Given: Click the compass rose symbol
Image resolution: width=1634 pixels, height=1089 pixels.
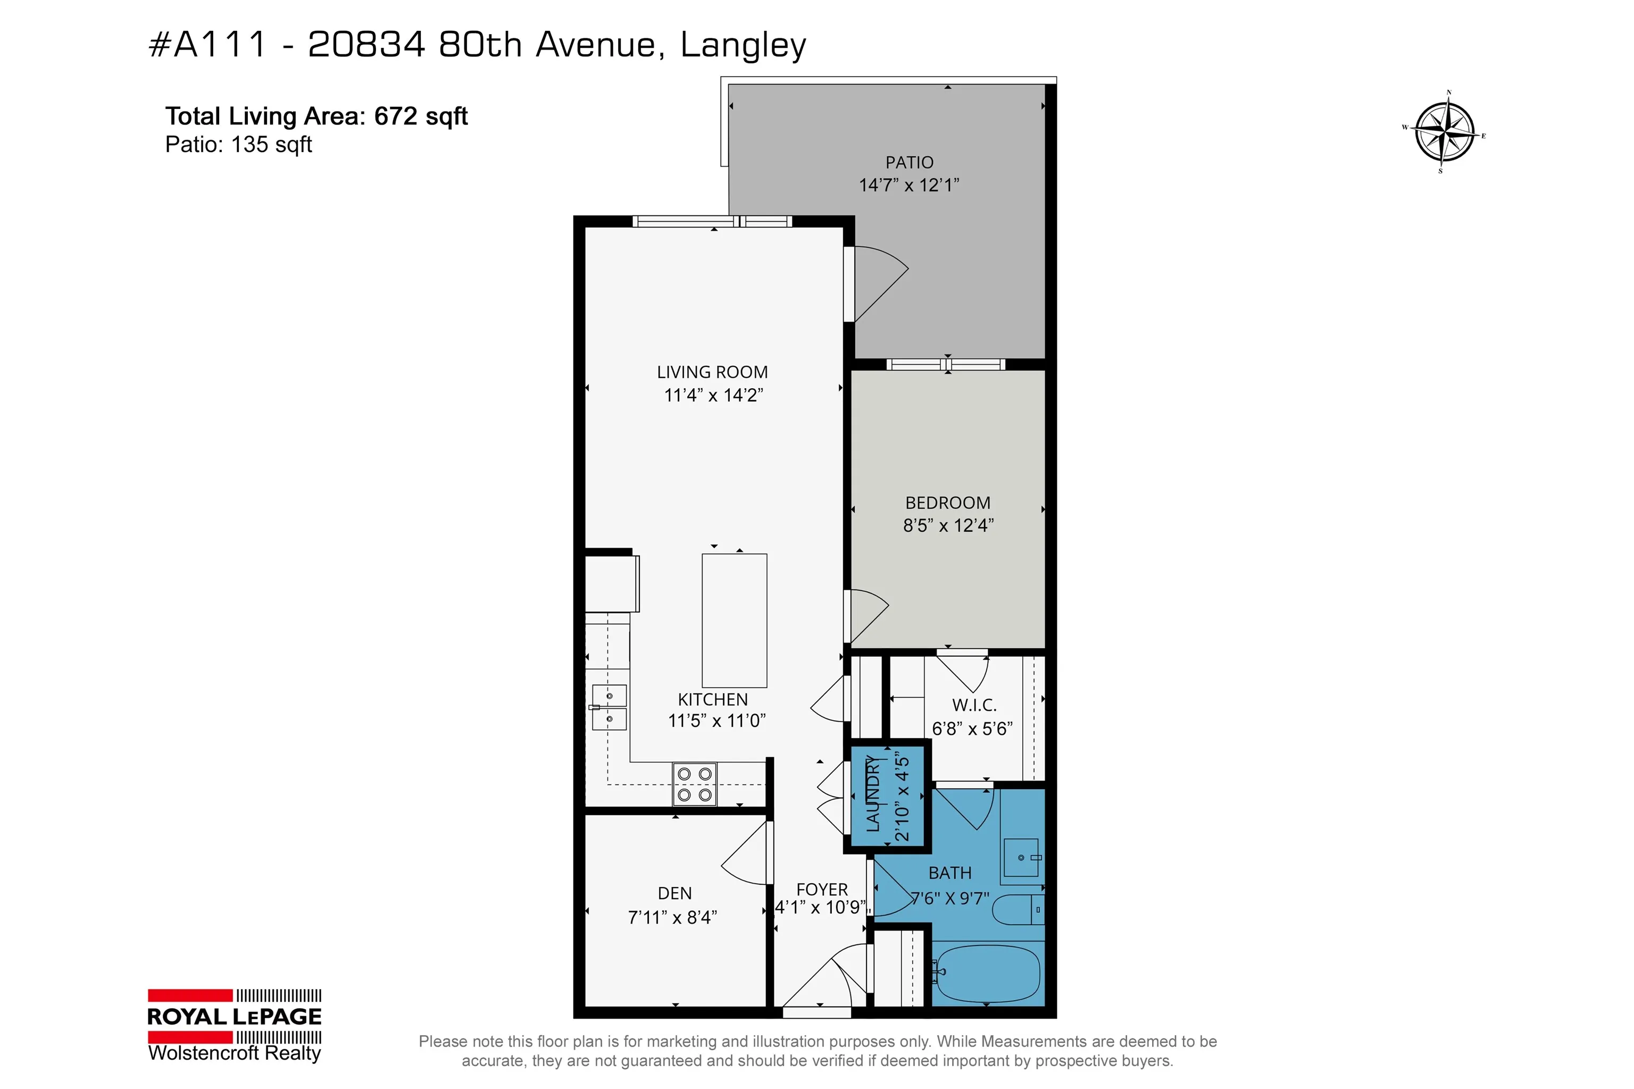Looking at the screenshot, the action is (x=1445, y=132).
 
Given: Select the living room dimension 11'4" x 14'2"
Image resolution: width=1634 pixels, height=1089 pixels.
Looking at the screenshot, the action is (x=713, y=395).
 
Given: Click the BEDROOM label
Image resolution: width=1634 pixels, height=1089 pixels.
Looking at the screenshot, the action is (x=948, y=503).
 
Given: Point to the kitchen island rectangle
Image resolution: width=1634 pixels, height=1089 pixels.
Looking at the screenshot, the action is (x=735, y=620).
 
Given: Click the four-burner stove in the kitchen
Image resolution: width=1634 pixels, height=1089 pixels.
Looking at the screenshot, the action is (x=695, y=784).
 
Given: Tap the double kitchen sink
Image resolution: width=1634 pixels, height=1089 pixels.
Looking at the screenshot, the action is (x=608, y=707).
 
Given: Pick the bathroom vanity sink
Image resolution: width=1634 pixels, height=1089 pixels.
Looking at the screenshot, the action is (x=1021, y=858).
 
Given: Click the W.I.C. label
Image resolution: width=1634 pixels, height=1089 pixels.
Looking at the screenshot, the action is (x=974, y=705).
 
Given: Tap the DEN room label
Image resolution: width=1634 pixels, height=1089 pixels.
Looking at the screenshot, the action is (x=674, y=893).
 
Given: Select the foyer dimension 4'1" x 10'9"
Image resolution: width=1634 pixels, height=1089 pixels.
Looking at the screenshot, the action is (x=821, y=908).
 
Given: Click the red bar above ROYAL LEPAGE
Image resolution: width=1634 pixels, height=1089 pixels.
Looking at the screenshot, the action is (x=190, y=995).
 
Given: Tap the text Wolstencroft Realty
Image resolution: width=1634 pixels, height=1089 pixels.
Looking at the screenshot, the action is (x=235, y=1053).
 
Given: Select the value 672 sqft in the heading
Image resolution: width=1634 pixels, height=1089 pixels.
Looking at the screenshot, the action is (x=421, y=116).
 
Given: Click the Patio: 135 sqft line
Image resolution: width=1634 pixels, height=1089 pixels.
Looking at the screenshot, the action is (x=238, y=145).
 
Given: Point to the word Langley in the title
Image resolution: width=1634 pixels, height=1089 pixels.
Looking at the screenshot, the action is (x=744, y=46).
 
